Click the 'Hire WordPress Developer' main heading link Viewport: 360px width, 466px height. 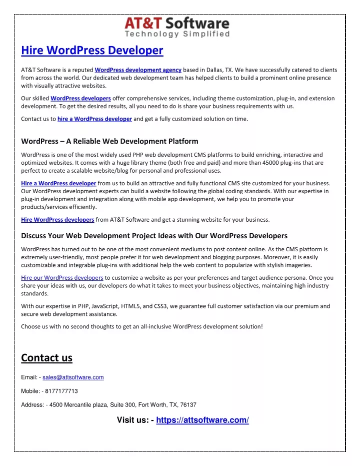(92, 51)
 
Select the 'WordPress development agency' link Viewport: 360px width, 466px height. (138, 70)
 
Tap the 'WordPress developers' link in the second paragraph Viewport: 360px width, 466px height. (80, 98)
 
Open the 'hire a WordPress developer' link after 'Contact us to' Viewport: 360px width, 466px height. (94, 119)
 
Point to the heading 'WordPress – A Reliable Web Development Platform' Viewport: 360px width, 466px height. (109, 141)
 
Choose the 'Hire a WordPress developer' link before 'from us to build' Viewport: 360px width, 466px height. (58, 183)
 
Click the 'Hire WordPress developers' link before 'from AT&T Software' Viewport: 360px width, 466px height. (57, 219)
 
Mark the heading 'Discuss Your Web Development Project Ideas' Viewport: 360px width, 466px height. (154, 235)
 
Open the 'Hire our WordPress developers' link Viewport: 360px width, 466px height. (62, 277)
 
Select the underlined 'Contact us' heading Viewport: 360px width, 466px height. (46, 358)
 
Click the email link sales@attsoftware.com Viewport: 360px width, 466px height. (73, 377)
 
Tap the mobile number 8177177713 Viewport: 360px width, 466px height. (60, 391)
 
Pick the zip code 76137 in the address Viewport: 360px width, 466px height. (187, 404)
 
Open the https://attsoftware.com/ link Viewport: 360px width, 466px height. (202, 420)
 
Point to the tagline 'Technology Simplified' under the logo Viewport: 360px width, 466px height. (177, 35)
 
